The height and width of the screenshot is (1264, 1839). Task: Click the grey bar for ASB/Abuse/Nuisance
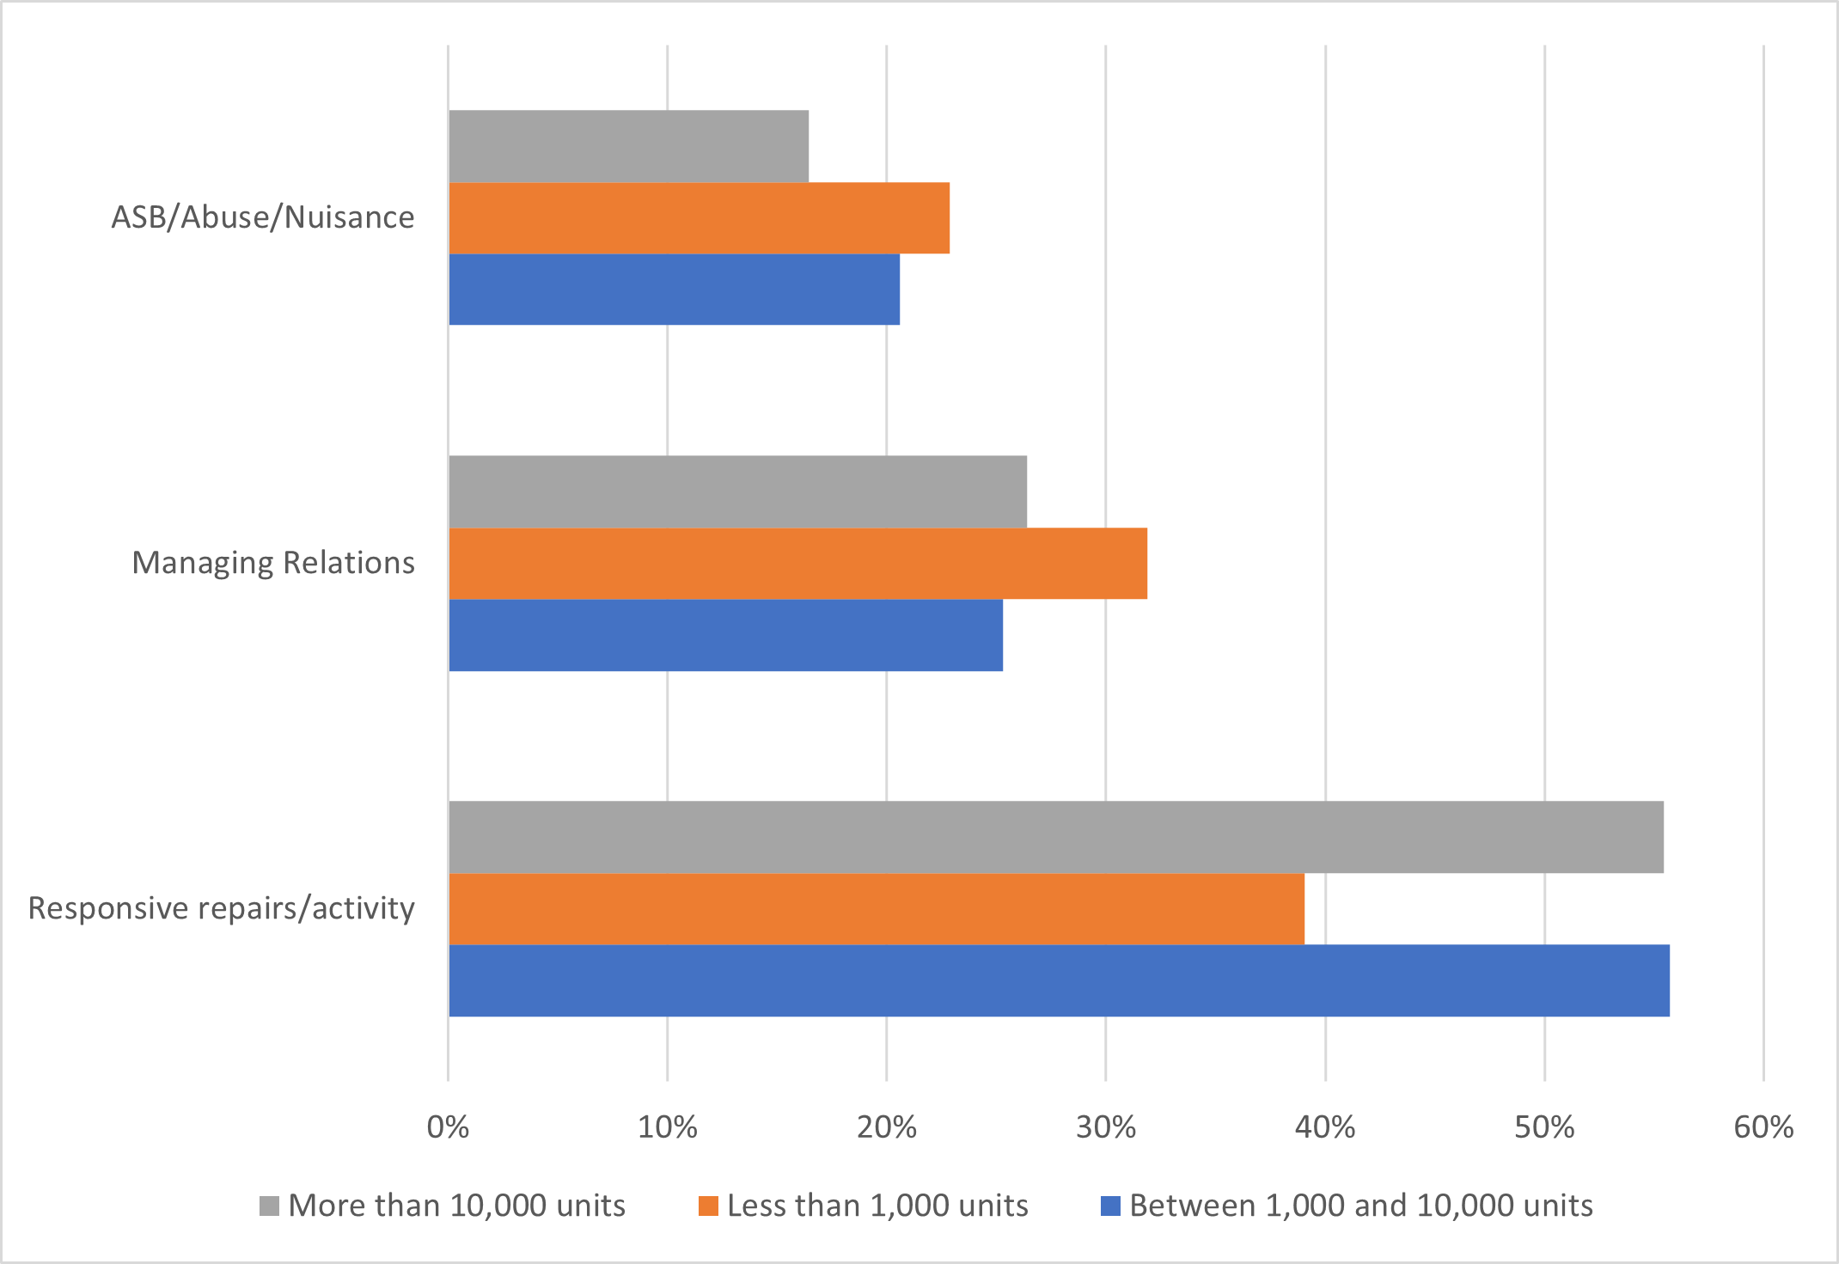coord(628,146)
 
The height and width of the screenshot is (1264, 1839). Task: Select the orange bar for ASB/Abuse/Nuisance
coord(699,218)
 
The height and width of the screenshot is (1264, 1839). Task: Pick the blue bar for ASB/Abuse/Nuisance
coord(674,290)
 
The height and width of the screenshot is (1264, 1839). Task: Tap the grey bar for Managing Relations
coord(737,492)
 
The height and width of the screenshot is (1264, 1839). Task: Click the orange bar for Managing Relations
coord(797,564)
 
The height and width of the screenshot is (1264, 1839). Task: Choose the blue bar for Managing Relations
coord(725,635)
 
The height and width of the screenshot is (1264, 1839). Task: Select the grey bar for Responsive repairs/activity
coord(1055,837)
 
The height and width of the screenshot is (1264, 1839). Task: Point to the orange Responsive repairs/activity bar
coord(876,909)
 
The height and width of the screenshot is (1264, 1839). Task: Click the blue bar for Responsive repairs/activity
coord(1059,980)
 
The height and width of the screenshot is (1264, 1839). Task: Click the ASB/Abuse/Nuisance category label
coord(263,217)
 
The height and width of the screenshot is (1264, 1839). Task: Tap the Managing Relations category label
coord(273,563)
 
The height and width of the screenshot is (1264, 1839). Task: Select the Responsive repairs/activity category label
coord(222,908)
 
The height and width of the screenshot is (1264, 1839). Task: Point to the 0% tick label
coord(448,1127)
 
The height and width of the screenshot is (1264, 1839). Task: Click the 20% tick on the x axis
coord(887,1127)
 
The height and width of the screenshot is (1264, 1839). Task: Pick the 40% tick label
coord(1325,1127)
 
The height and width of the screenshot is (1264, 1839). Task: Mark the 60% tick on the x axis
coord(1763,1127)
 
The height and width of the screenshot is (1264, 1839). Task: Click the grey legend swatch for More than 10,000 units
coord(269,1206)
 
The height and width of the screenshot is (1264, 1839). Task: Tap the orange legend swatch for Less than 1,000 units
coord(708,1206)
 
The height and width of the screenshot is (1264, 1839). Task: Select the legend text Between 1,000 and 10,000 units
coord(1361,1206)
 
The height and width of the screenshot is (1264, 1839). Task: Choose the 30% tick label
coord(1106,1127)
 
